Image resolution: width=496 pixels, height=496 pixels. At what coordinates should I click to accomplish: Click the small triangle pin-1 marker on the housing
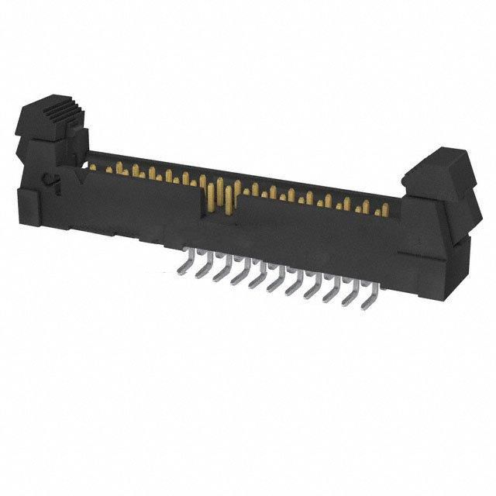pyautogui.click(x=78, y=179)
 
